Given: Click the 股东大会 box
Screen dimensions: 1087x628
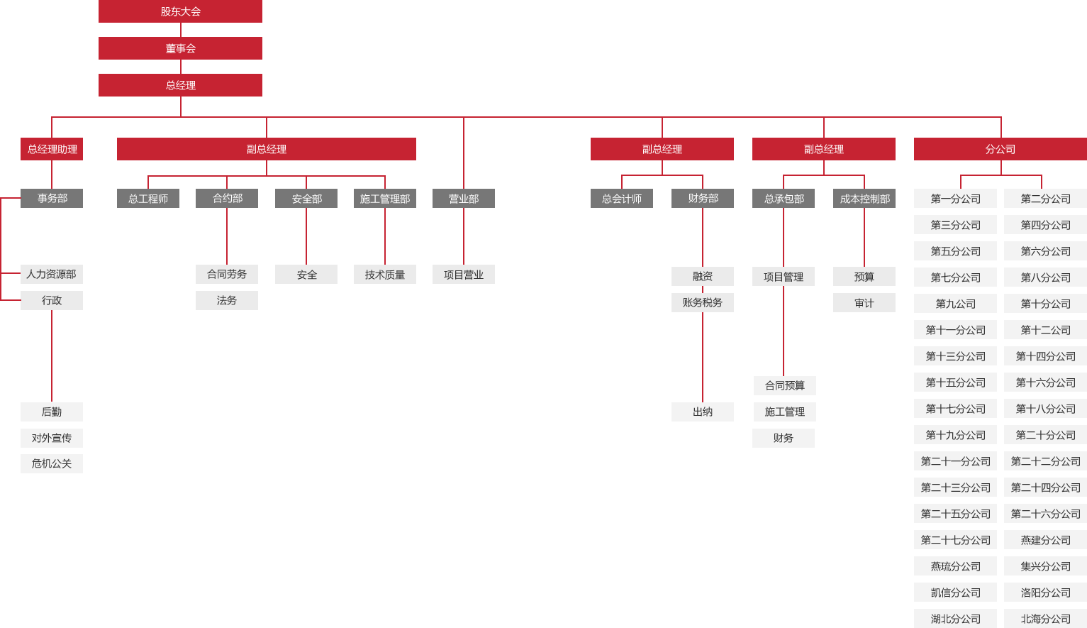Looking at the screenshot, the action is tap(181, 11).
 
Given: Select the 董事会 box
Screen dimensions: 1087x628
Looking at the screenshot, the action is tap(181, 48).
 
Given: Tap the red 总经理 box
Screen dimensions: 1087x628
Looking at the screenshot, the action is tap(181, 85).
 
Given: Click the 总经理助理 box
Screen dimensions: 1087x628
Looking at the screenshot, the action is tap(52, 149).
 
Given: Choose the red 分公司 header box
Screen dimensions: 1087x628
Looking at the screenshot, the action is tap(1000, 149).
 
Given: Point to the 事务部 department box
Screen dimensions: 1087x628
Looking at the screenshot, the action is tap(52, 198).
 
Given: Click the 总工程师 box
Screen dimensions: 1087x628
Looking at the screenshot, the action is tap(148, 198).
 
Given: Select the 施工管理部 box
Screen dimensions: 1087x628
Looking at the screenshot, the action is tap(385, 198).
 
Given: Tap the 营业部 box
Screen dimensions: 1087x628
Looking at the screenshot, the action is tap(464, 198).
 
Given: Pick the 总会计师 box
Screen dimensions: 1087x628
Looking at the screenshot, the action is tap(622, 198).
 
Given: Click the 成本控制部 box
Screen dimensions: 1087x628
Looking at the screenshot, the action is tap(864, 198).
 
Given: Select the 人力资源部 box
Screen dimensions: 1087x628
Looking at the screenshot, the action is tap(52, 275).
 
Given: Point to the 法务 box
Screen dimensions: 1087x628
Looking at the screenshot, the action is tap(227, 301).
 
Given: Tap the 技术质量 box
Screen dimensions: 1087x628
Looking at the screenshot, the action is tap(385, 275).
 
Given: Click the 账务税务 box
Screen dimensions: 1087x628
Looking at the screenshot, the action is tap(703, 302).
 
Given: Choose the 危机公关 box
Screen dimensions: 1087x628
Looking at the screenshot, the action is tap(52, 464).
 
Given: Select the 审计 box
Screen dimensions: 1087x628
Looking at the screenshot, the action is tap(864, 303).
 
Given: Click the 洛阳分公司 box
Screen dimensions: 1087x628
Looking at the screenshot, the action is tap(1045, 593).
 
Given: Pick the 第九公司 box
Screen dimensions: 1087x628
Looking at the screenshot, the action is tap(956, 304).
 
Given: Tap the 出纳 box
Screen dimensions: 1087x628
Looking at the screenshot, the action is tap(703, 412).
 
